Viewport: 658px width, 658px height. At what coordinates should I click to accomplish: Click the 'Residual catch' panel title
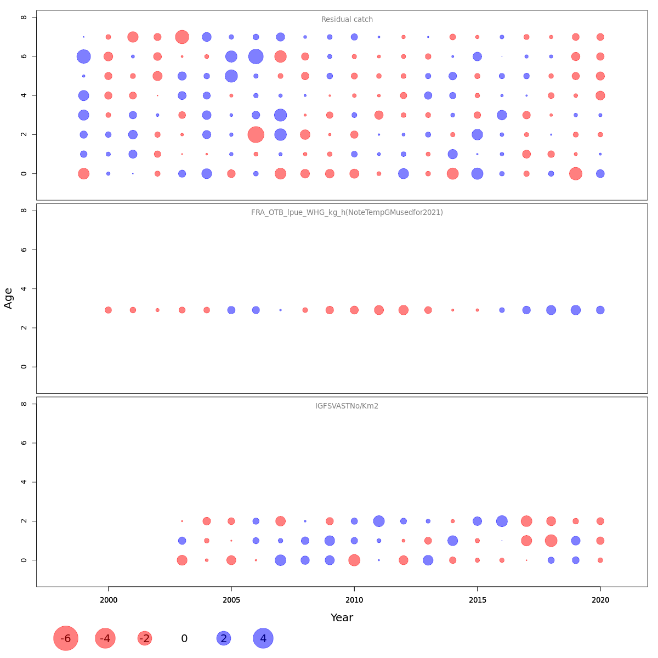click(x=347, y=20)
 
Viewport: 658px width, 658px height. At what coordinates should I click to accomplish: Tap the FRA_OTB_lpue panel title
click(x=347, y=213)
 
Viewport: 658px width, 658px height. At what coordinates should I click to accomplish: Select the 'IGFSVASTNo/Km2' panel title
click(x=347, y=406)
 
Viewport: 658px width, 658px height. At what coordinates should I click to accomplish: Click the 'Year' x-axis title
click(x=342, y=618)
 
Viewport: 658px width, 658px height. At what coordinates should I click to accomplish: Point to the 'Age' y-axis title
click(x=9, y=298)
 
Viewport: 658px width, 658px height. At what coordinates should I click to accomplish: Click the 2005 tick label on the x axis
click(x=231, y=600)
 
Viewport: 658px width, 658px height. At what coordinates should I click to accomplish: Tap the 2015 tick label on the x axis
click(x=478, y=600)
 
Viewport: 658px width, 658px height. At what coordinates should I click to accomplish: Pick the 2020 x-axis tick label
click(x=600, y=600)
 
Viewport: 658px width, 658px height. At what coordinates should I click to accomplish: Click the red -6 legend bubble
click(x=66, y=638)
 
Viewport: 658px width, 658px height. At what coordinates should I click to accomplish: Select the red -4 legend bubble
click(x=105, y=638)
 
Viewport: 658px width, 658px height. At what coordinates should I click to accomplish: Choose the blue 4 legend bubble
click(x=263, y=638)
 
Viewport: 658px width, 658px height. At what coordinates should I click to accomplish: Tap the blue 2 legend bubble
click(x=224, y=638)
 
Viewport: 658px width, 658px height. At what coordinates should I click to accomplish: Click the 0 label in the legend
click(x=184, y=639)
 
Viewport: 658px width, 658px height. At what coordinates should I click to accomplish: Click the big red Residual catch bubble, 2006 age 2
click(x=256, y=134)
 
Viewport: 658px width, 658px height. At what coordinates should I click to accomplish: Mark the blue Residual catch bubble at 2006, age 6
click(x=256, y=56)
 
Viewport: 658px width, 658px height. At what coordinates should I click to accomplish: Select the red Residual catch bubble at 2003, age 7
click(x=182, y=37)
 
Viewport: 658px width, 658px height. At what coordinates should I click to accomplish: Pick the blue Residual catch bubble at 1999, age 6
click(x=83, y=56)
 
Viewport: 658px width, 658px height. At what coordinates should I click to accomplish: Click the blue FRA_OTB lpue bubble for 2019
click(x=576, y=310)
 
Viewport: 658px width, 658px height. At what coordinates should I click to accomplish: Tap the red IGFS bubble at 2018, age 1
click(x=551, y=541)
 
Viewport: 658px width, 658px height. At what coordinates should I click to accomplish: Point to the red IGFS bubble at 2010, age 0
click(x=354, y=560)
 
